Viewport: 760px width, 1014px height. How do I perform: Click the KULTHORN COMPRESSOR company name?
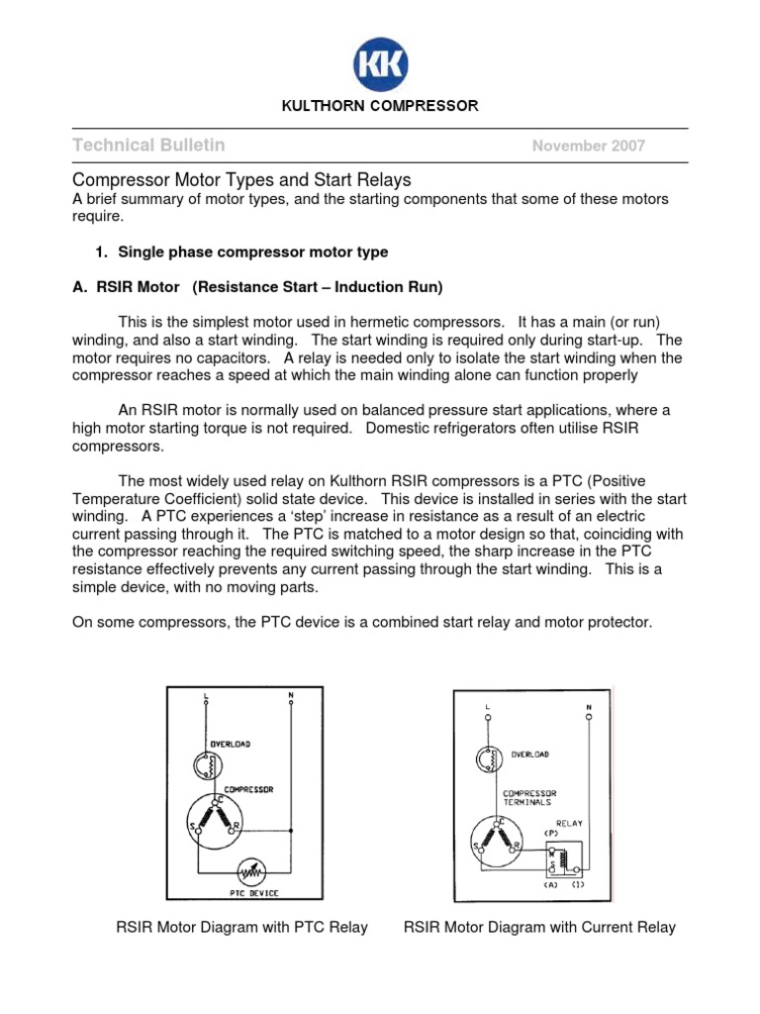click(380, 105)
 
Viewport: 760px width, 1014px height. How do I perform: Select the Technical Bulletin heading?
click(149, 146)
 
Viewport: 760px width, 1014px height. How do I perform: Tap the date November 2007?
click(589, 147)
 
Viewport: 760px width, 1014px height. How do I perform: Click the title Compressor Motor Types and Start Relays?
click(242, 180)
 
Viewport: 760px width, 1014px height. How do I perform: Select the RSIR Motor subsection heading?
click(258, 287)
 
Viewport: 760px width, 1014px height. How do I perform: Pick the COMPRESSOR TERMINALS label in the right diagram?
click(530, 797)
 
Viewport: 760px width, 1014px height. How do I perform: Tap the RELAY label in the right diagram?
click(568, 822)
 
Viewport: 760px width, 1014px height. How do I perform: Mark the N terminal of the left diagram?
click(290, 696)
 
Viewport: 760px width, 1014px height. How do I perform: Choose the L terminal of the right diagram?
click(488, 708)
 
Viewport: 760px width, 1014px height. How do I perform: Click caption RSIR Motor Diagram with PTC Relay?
click(242, 928)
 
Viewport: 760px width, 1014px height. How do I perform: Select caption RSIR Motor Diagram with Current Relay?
click(539, 928)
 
